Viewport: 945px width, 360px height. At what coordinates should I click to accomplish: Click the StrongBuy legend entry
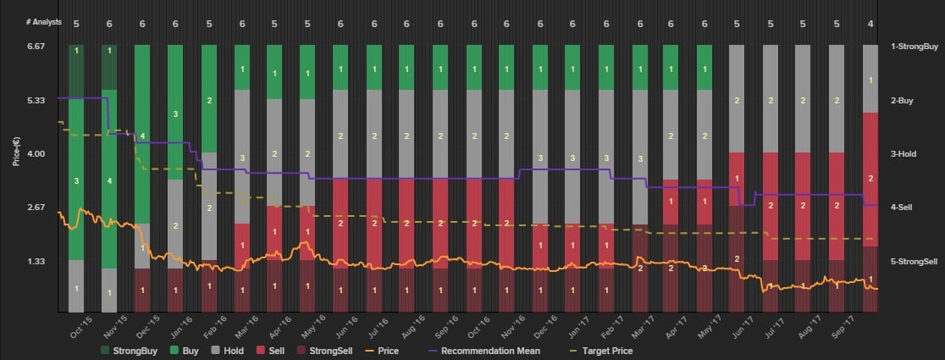click(129, 350)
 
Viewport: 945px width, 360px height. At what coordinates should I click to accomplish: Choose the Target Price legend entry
click(602, 350)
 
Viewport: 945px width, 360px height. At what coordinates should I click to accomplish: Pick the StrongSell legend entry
click(329, 350)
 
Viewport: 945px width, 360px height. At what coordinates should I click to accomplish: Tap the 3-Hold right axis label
click(905, 154)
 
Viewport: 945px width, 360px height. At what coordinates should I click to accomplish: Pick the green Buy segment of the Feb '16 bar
click(208, 99)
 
